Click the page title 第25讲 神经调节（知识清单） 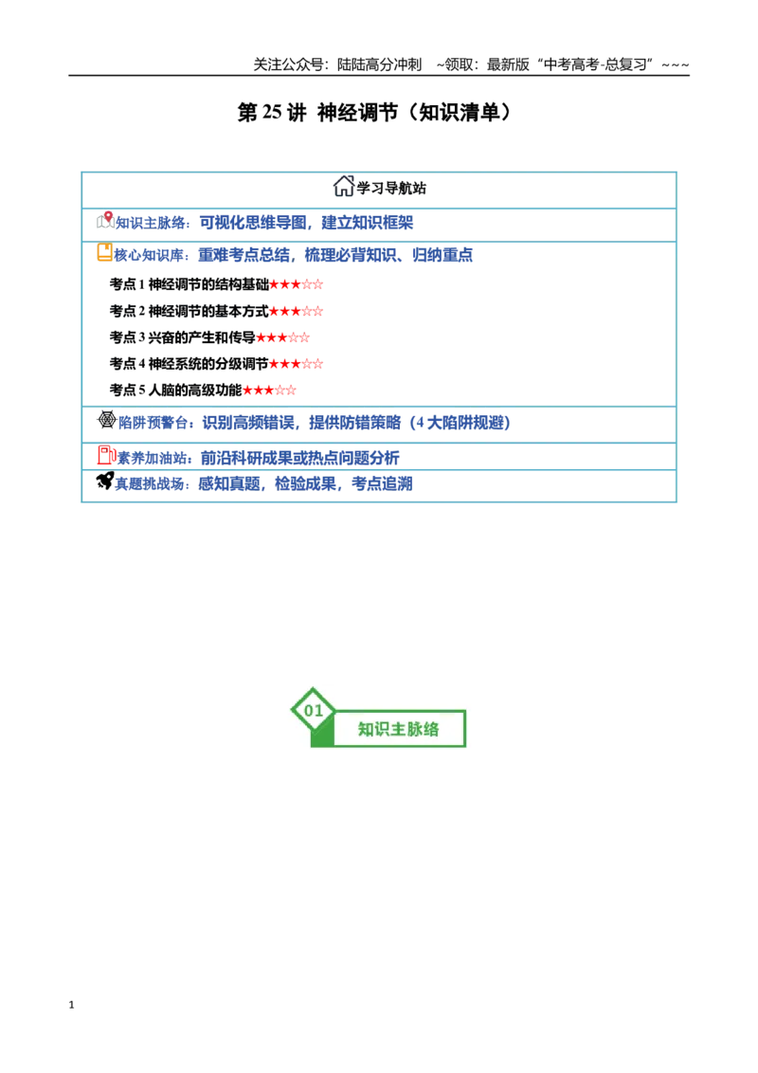tap(374, 113)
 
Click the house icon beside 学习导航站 tap(343, 186)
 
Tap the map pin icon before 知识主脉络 tap(105, 220)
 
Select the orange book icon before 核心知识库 tap(104, 252)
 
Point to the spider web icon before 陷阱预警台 tap(107, 420)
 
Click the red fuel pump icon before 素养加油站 tap(107, 455)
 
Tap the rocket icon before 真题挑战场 tap(104, 482)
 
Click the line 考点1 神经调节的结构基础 tap(216, 284)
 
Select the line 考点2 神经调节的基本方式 tap(216, 311)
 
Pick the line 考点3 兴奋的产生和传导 tap(210, 337)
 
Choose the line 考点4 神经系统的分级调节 tap(216, 363)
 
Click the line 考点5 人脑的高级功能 tap(203, 391)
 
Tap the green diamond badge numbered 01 tap(314, 710)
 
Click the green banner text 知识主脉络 tap(398, 730)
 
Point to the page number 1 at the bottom tap(71, 1005)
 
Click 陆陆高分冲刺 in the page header tap(379, 64)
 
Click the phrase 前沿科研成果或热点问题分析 tap(299, 458)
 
